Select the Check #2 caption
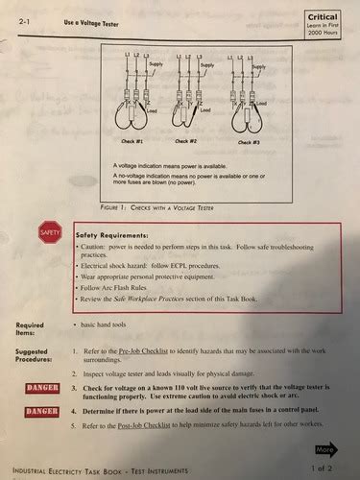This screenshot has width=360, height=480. click(x=184, y=141)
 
